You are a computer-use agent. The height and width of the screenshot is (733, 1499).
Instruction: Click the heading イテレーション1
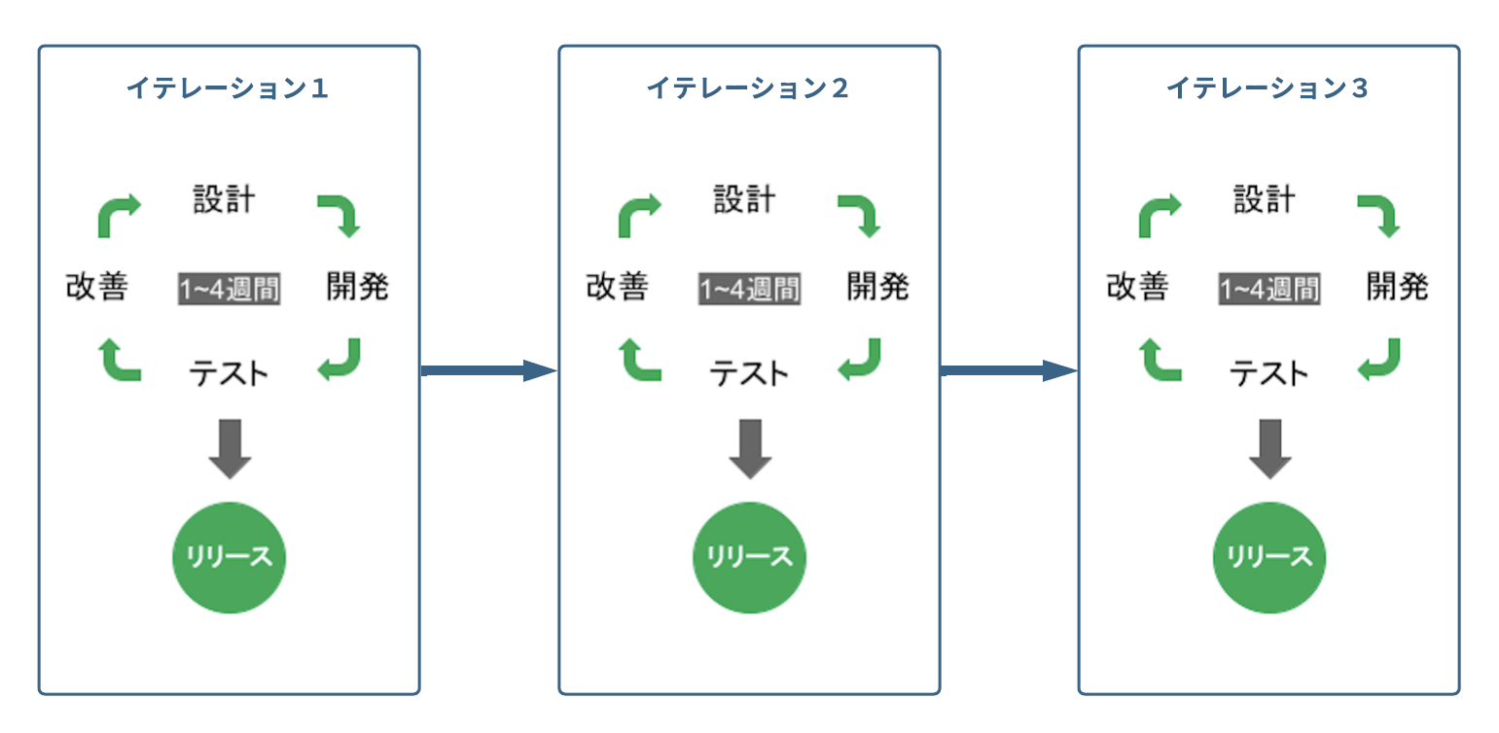coord(227,88)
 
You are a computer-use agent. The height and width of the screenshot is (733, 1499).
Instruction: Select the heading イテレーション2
coord(747,88)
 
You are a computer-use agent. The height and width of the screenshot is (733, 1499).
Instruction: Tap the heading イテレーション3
coord(1267,88)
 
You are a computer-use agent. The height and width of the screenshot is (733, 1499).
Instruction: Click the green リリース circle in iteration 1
coord(230,557)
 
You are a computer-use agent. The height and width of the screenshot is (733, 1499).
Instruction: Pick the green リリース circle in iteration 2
coord(750,557)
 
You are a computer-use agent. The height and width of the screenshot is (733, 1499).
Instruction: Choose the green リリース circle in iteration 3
coord(1269,557)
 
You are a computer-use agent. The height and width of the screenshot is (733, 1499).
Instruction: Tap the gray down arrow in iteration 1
coord(231,448)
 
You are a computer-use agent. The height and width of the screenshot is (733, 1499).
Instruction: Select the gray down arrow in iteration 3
coord(1270,448)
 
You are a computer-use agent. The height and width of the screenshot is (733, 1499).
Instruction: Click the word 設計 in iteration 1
coord(224,200)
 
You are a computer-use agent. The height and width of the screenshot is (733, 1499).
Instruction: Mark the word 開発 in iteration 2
coord(878,287)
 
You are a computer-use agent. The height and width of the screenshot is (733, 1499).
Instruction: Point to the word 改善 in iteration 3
coord(1137,287)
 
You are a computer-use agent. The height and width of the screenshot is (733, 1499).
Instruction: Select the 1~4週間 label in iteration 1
coord(230,289)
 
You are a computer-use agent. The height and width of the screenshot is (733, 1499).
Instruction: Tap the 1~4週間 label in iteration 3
coord(1269,289)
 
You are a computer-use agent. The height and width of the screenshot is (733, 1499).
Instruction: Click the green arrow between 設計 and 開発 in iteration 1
coord(339,214)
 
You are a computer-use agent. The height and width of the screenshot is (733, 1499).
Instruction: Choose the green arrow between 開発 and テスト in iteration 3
coord(1379,360)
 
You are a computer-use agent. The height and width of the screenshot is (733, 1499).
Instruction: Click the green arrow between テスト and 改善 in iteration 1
coord(120,360)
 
